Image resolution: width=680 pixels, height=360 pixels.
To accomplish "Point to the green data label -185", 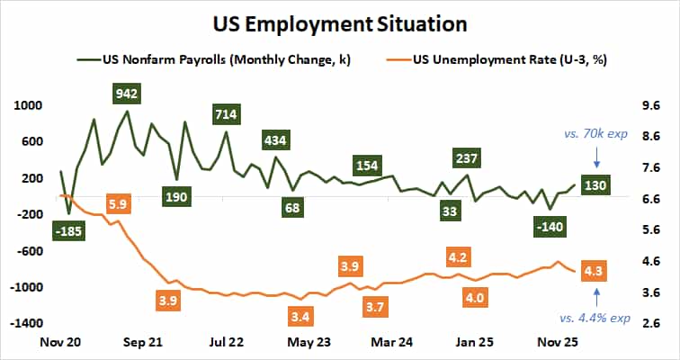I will pos(68,232).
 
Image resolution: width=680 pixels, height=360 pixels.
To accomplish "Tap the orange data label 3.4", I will pos(300,317).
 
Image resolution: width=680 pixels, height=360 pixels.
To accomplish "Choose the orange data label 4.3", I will pos(594,270).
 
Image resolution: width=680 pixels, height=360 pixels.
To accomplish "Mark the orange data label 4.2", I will pos(458,257).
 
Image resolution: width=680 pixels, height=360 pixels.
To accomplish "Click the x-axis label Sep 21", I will pos(142,343).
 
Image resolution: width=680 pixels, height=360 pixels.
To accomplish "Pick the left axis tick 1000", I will pos(26,105).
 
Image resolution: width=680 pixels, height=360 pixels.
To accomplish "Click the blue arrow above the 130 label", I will pos(596,159).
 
